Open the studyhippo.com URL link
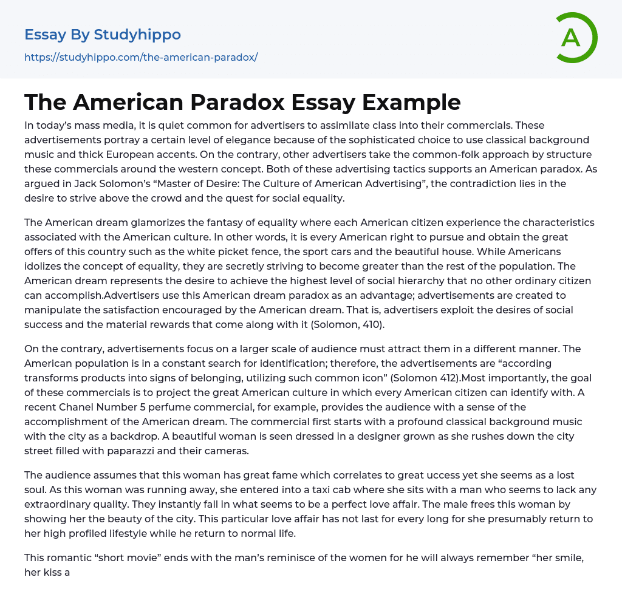(x=141, y=57)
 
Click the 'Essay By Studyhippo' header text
(x=103, y=35)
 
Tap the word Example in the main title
(x=411, y=102)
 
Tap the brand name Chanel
(x=78, y=407)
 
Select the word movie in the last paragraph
(x=148, y=558)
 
